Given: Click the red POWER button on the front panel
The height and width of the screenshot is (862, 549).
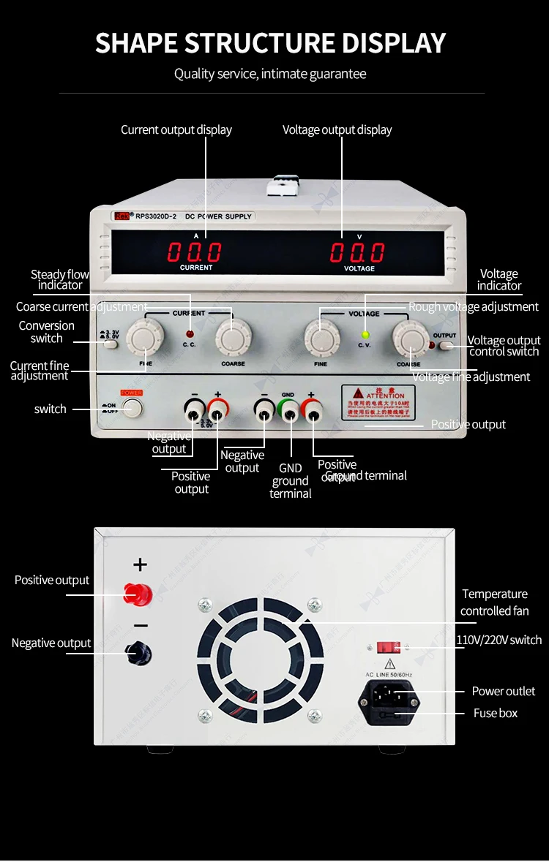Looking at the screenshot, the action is pyautogui.click(x=132, y=407).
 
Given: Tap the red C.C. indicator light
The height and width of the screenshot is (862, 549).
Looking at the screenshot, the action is pyautogui.click(x=189, y=334).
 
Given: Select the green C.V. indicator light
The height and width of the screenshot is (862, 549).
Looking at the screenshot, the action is pyautogui.click(x=365, y=335).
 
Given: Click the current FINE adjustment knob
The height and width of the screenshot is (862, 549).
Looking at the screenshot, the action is pyautogui.click(x=140, y=338).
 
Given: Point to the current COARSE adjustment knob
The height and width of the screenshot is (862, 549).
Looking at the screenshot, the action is pyautogui.click(x=233, y=338).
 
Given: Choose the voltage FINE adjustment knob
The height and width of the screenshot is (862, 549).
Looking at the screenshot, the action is pyautogui.click(x=321, y=338).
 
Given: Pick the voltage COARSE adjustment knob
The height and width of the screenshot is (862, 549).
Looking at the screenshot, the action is pyautogui.click(x=409, y=338).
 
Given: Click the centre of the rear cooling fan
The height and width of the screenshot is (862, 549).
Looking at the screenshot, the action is pyautogui.click(x=260, y=654).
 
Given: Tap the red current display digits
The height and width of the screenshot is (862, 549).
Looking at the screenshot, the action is pyautogui.click(x=194, y=252).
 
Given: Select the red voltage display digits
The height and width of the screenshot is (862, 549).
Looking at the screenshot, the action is pyautogui.click(x=357, y=252).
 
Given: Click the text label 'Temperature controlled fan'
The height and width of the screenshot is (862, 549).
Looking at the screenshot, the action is pyautogui.click(x=495, y=602).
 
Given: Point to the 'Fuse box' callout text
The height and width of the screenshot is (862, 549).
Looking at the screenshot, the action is pyautogui.click(x=496, y=714).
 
